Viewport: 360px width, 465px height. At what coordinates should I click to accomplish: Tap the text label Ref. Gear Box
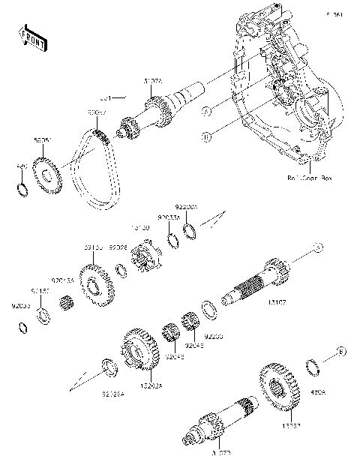(x=308, y=178)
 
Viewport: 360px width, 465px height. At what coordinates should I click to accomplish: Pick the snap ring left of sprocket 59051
(x=23, y=187)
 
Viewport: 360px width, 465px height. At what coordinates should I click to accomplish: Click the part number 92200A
(x=185, y=205)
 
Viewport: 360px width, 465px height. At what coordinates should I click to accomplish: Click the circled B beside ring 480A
(x=340, y=351)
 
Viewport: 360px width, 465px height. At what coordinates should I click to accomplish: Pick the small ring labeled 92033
(x=24, y=326)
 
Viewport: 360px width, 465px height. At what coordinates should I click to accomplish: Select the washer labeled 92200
(x=208, y=308)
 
